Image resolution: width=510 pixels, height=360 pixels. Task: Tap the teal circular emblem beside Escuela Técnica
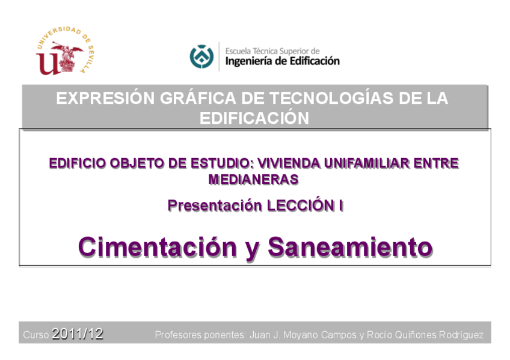[x=201, y=56]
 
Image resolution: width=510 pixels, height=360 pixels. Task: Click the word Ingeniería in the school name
[x=248, y=61]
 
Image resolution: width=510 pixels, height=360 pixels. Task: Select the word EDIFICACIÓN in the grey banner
[x=254, y=118]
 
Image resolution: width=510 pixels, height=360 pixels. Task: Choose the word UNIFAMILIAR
[x=367, y=163]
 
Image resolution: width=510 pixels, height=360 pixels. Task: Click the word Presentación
[x=215, y=206]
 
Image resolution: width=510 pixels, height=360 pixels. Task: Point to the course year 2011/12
[x=78, y=334]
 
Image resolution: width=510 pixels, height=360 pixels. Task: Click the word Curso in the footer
[x=36, y=335]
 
